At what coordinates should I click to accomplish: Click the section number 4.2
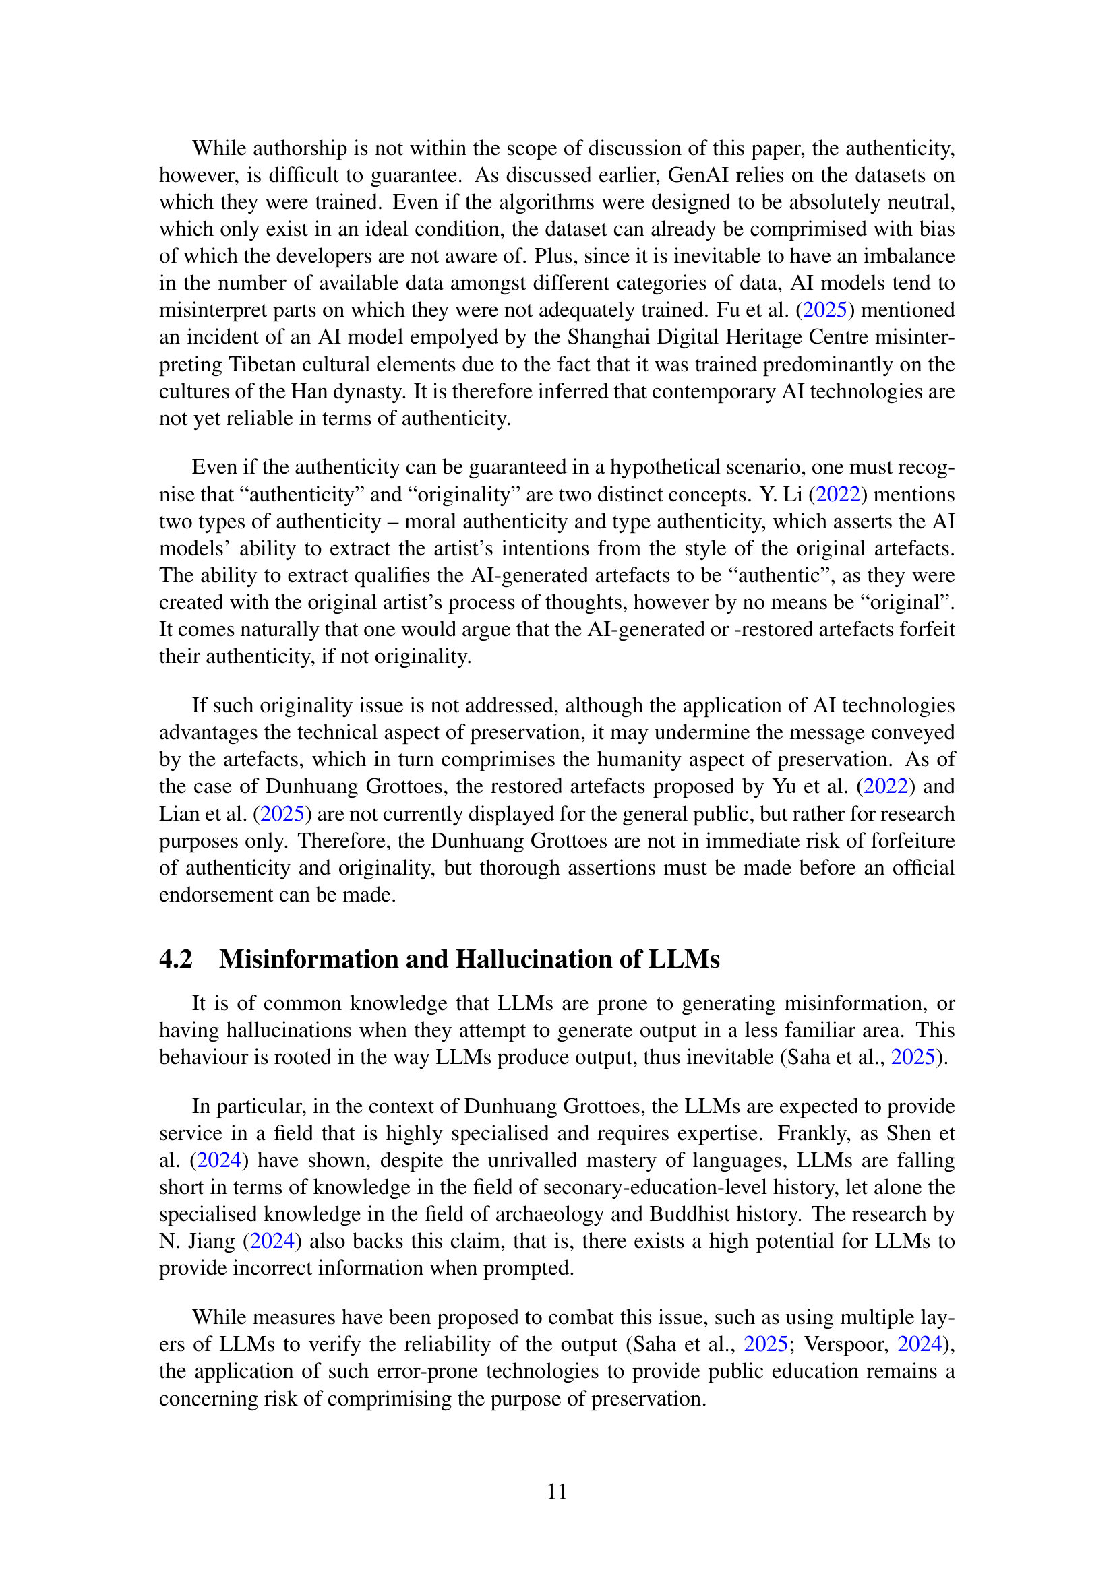coord(176,959)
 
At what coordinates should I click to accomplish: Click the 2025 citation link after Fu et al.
coord(824,309)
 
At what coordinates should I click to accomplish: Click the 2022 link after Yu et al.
coord(886,786)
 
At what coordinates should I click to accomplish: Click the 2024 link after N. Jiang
coord(272,1241)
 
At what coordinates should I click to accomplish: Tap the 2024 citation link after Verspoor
coord(920,1344)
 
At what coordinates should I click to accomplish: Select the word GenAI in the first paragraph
coord(698,175)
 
